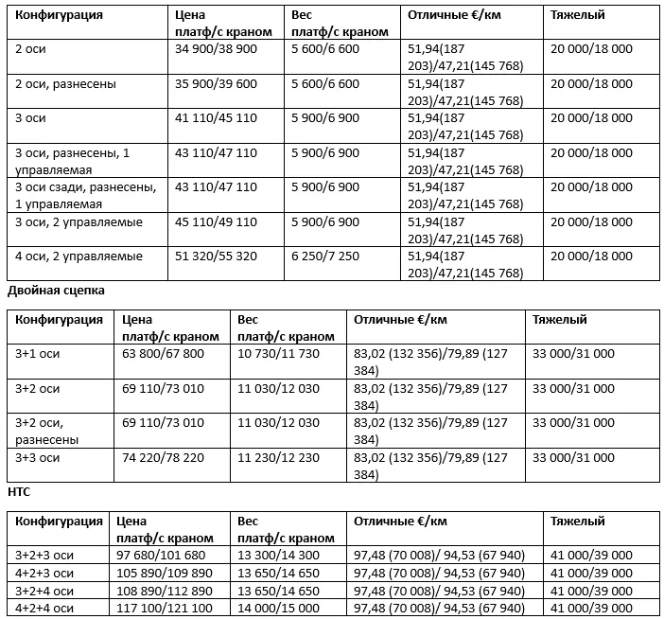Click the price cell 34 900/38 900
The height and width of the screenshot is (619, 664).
coord(216,48)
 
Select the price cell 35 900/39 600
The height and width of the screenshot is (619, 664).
coord(216,83)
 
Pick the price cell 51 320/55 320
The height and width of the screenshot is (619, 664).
coord(216,256)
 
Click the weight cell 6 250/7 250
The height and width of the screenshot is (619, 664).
coord(326,256)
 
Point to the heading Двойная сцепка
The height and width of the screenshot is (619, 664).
coord(56,290)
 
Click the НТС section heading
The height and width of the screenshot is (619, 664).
coord(19,492)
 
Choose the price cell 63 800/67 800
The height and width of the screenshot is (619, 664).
coord(163,354)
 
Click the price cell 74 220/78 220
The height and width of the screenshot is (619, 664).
coord(163,456)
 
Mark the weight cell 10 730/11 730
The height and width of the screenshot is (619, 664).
coord(279,354)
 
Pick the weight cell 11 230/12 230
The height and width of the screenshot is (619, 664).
coord(279,456)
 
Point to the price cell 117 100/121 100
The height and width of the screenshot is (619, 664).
coord(163,607)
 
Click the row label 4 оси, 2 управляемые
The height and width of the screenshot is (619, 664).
coord(79,256)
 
